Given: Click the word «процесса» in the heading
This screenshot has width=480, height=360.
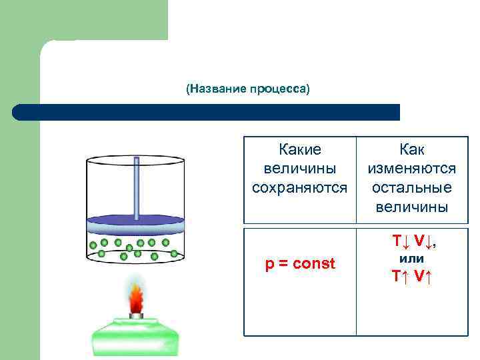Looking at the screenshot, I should point(278,89).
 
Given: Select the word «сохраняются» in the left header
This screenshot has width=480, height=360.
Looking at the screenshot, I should point(299,187).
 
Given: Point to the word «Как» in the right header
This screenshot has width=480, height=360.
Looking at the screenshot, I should point(411,150).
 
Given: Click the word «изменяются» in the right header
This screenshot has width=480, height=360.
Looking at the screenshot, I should point(411,169).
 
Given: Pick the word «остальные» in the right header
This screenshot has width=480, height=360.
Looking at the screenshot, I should point(411,187).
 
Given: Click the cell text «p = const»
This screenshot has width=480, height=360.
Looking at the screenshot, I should point(300,264).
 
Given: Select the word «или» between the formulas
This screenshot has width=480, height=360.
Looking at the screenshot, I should point(411,258).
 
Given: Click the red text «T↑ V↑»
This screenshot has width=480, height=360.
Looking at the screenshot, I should point(411,276).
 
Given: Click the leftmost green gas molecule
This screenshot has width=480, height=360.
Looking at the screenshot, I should point(93,245).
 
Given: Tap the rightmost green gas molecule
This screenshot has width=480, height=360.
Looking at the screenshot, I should point(175,253).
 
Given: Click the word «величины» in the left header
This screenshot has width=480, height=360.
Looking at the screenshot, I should point(299,169).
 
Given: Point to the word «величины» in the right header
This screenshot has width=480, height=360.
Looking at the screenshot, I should point(411,207).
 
